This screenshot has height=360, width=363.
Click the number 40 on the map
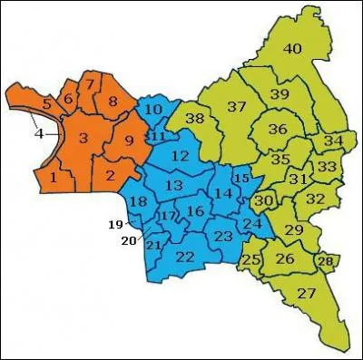(291, 49)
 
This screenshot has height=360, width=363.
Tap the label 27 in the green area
(306, 293)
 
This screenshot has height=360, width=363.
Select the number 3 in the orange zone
(82, 138)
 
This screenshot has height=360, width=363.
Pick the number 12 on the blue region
(180, 157)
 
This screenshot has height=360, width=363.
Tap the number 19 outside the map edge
(114, 224)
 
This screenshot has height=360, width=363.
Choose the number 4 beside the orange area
(39, 135)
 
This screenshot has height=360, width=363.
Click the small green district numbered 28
(325, 262)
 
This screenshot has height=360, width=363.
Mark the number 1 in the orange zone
(54, 178)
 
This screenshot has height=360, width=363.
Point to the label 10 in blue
(153, 111)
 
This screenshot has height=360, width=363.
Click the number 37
(237, 107)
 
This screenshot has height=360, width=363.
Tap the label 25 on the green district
(251, 262)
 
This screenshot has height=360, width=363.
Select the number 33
(327, 167)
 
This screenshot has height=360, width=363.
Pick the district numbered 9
(128, 141)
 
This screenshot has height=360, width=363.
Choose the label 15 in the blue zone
(240, 179)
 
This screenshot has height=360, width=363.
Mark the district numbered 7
(90, 85)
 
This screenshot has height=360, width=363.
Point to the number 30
(263, 199)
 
